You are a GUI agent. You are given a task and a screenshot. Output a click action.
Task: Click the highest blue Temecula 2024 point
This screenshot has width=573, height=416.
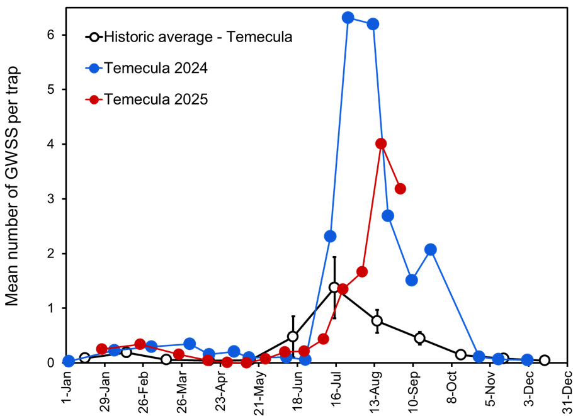click(x=348, y=18)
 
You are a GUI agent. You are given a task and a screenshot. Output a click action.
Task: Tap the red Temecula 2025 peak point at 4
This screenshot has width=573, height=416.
click(x=380, y=144)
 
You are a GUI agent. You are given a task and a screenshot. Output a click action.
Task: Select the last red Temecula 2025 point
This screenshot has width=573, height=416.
click(x=400, y=189)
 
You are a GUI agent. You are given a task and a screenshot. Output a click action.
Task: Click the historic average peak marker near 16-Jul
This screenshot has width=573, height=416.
click(x=334, y=287)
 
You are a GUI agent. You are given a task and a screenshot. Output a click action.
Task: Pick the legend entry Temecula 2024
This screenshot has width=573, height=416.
click(x=155, y=67)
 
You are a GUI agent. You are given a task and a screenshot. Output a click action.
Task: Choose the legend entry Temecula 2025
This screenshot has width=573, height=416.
click(x=155, y=99)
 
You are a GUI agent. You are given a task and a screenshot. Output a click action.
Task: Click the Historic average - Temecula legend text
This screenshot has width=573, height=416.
click(x=198, y=37)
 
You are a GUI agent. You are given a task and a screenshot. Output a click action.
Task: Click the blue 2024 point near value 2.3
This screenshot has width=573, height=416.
click(x=330, y=236)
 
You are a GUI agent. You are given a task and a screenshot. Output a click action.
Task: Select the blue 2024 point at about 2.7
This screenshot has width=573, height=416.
click(x=388, y=216)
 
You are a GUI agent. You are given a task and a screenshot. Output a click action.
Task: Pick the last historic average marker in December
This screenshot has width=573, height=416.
click(x=545, y=361)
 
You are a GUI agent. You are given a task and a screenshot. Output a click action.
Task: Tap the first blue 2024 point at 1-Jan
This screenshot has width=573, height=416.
click(x=69, y=361)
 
